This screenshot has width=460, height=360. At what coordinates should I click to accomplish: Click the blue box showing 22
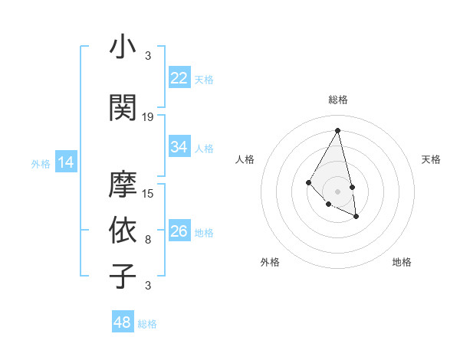pyautogui.click(x=179, y=78)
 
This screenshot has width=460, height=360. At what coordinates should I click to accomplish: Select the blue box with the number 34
pyautogui.click(x=179, y=147)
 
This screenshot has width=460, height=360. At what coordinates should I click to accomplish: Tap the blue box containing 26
pyautogui.click(x=179, y=231)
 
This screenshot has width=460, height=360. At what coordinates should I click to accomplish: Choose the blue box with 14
pyautogui.click(x=66, y=162)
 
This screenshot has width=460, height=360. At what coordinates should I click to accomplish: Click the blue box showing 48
pyautogui.click(x=123, y=322)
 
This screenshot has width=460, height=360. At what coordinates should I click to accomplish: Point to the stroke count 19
pyautogui.click(x=148, y=117)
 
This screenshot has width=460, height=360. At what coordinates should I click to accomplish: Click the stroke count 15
pyautogui.click(x=148, y=194)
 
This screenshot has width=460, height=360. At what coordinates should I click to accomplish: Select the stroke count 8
pyautogui.click(x=148, y=240)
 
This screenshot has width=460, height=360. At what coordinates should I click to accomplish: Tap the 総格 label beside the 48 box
pyautogui.click(x=147, y=324)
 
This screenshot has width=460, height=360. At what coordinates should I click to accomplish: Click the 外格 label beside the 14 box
pyautogui.click(x=41, y=163)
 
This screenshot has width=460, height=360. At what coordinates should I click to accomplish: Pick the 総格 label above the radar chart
pyautogui.click(x=337, y=100)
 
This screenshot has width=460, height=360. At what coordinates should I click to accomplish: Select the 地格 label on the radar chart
pyautogui.click(x=402, y=262)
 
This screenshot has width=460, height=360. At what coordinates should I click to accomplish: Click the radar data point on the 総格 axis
pyautogui.click(x=337, y=130)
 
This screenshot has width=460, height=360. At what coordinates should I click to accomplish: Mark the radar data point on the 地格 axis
pyautogui.click(x=356, y=217)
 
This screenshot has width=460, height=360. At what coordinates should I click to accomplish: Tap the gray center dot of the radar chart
pyautogui.click(x=337, y=191)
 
